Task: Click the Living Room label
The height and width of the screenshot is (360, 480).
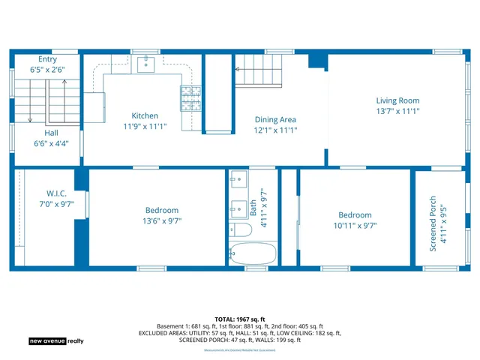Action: [397, 100]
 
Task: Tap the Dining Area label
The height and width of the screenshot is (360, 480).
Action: [275, 119]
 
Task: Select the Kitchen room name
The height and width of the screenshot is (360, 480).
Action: [145, 115]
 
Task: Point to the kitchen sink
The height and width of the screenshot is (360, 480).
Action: [145, 64]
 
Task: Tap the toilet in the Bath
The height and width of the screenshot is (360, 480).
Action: [241, 229]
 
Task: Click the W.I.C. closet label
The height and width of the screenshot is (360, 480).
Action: [56, 193]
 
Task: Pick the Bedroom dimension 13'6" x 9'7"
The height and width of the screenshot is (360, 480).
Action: [162, 221]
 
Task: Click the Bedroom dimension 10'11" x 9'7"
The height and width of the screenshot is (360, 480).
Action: [355, 225]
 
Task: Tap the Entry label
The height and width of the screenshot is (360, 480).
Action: [47, 58]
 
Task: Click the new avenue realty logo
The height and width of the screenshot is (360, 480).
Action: [56, 340]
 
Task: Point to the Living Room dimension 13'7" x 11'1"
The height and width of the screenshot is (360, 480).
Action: [397, 111]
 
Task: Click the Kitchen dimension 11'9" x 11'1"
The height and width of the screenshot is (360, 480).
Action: [145, 127]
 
